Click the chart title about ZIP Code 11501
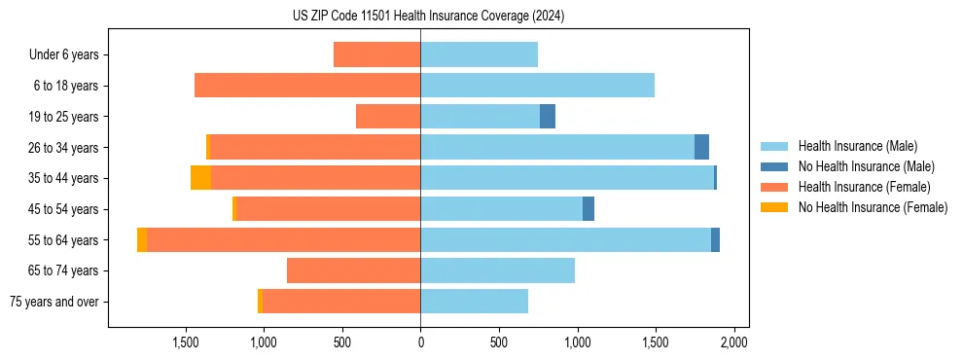pyautogui.click(x=428, y=17)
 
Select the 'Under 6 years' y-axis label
pyautogui.click(x=63, y=54)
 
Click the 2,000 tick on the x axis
pyautogui.click(x=733, y=343)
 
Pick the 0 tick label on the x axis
pyautogui.click(x=420, y=343)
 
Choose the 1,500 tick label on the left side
pyautogui.click(x=185, y=343)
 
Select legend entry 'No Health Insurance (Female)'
pyautogui.click(x=873, y=207)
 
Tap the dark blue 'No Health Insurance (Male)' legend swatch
pyautogui.click(x=775, y=166)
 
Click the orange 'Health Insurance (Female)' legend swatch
pyautogui.click(x=775, y=187)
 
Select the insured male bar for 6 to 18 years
pyautogui.click(x=537, y=86)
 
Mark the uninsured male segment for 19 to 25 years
pyautogui.click(x=548, y=117)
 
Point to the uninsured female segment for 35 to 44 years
pyautogui.click(x=200, y=178)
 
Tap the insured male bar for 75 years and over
pyautogui.click(x=474, y=302)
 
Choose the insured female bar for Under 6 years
pyautogui.click(x=376, y=54)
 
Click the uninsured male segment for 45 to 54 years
pyautogui.click(x=588, y=209)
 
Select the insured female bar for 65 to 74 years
pyautogui.click(x=353, y=270)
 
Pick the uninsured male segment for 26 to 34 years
pyautogui.click(x=701, y=147)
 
